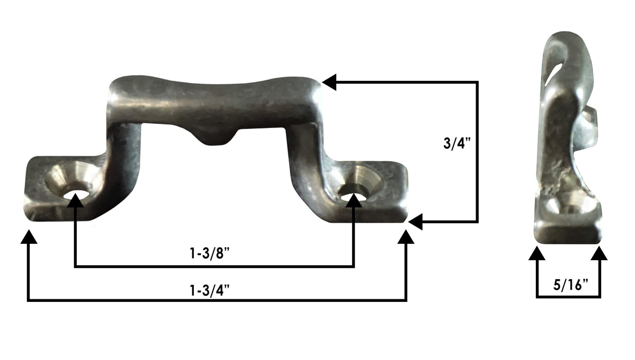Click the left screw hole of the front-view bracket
tap(75, 193)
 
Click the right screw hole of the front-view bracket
tap(354, 193)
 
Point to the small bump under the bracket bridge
tap(215, 138)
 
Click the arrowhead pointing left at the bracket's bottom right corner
tap(415, 222)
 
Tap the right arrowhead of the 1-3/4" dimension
tap(406, 237)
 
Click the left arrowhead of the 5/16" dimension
tap(537, 254)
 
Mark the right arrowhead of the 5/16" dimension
tap(599, 254)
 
